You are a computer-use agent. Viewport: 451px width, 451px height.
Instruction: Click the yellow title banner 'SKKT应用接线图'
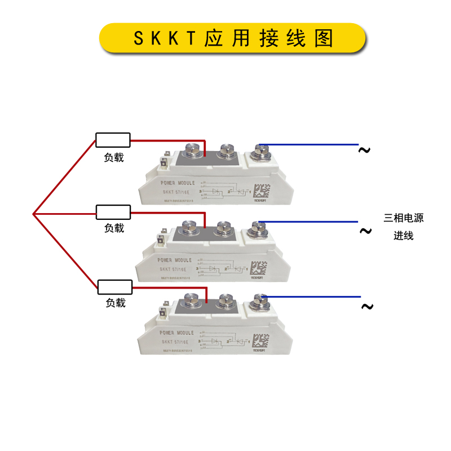(233, 38)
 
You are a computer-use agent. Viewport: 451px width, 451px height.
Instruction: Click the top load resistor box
(113, 140)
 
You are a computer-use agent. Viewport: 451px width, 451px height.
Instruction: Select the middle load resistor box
(113, 212)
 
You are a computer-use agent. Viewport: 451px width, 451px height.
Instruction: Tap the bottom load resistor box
(115, 286)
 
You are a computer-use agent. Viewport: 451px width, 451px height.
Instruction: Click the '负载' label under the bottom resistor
(116, 303)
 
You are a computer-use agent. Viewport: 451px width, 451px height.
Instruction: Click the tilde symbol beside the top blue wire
(365, 150)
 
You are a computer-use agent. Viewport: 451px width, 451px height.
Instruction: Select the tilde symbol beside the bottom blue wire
(367, 307)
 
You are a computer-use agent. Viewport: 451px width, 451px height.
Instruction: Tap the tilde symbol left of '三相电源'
(365, 231)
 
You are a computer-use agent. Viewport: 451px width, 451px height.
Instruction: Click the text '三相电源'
(404, 218)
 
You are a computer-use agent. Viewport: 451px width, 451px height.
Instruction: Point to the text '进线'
(404, 236)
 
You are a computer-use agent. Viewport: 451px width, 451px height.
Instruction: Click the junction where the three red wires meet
(34, 214)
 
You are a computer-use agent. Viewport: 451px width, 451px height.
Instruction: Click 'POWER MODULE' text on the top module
(178, 183)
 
